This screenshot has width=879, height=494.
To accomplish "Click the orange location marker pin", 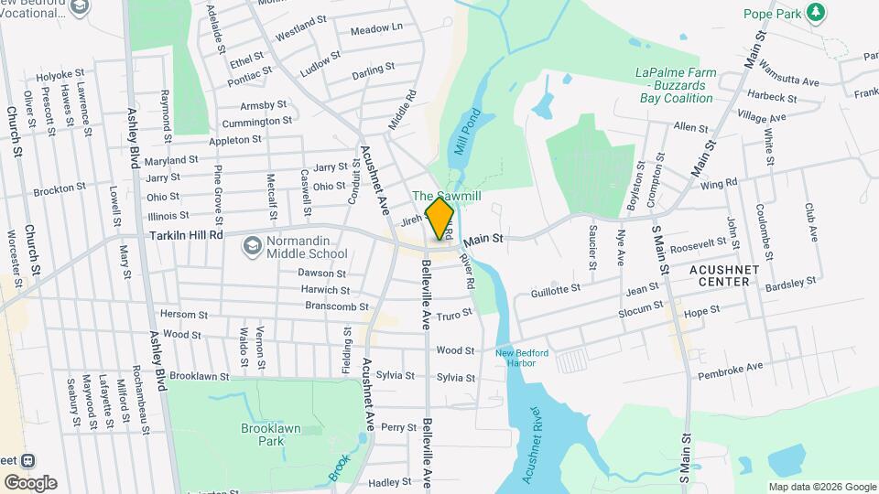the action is tap(440, 219).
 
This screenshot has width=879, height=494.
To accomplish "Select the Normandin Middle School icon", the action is tap(251, 246).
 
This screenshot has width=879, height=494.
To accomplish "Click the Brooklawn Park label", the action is tap(270, 434).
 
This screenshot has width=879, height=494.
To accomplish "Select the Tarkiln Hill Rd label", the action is tap(187, 235).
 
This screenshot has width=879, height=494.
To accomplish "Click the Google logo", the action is tap(30, 482).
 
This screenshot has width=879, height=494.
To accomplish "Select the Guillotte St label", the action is tap(556, 290).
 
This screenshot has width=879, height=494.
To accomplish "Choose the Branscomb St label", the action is tap(336, 306).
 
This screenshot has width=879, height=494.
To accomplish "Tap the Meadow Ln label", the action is tap(376, 28).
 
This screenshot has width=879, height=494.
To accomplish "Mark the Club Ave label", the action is tap(811, 221).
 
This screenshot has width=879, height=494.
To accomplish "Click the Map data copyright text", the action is tap(822, 487).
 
